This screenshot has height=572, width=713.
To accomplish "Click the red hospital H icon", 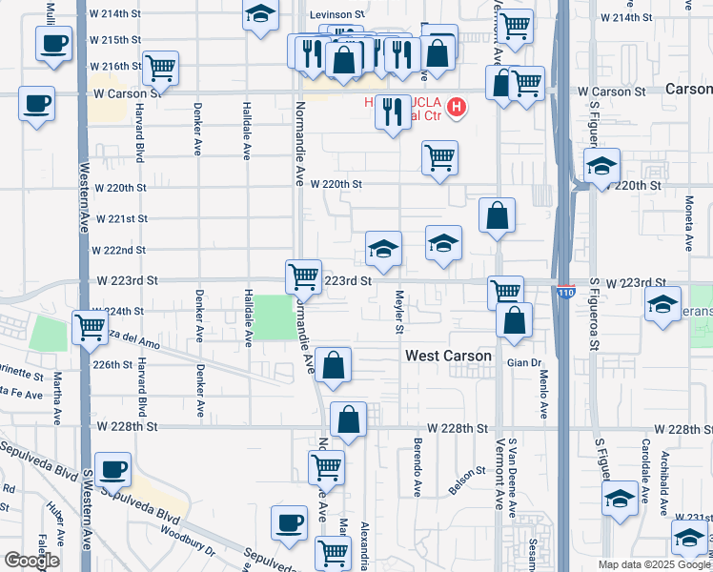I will tap(457, 107).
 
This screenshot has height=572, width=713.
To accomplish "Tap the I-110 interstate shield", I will tap(564, 293).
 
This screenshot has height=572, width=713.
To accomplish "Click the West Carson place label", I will tap(448, 356).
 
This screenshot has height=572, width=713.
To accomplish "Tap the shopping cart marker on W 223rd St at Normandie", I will tap(303, 277).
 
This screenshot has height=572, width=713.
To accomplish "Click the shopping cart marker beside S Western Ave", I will tap(90, 327).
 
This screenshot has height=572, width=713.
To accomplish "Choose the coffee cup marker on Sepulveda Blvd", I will tap(114, 470).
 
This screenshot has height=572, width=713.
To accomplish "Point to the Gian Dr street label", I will tap(524, 363).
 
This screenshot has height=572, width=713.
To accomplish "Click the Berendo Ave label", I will tap(418, 468).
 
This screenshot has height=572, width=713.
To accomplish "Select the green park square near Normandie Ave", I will tap(274, 317).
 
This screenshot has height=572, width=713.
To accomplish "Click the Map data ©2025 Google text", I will tap(653, 564).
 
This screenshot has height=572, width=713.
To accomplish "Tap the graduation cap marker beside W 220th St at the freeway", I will tap(601, 167).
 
